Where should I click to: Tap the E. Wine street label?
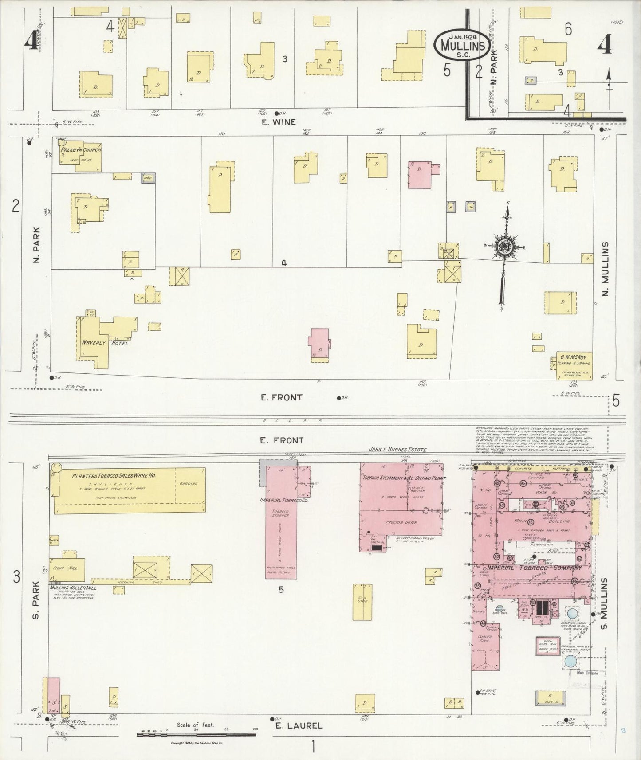[x=278, y=122]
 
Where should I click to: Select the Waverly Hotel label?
[x=105, y=343]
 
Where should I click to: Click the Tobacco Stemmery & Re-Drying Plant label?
[x=404, y=478]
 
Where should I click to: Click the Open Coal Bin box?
[x=548, y=646]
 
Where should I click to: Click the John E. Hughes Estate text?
[x=397, y=450]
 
